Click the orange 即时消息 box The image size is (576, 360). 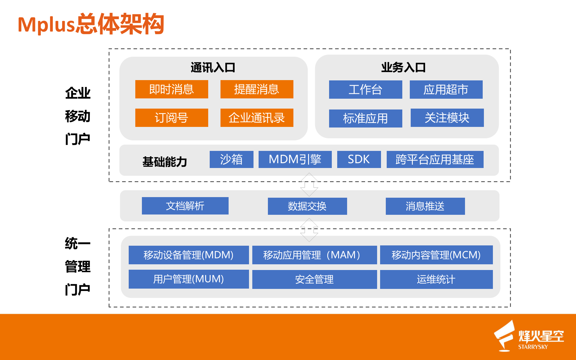[x=172, y=89]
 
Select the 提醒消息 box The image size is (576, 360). [x=257, y=89]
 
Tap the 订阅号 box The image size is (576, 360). [x=172, y=118]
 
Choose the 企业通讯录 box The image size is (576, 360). [x=257, y=118]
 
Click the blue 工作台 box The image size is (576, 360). [x=365, y=89]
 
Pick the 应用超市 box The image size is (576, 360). [x=446, y=89]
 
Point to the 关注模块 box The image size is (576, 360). [x=447, y=118]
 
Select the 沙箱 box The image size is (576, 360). [x=231, y=159]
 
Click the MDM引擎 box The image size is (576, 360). [x=295, y=159]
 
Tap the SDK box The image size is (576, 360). [x=359, y=159]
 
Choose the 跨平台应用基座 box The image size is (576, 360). [x=435, y=159]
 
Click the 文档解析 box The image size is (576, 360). [x=185, y=206]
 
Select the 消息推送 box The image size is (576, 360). [x=425, y=206]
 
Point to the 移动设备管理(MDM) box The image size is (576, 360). [x=189, y=255]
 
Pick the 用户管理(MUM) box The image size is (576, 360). [x=189, y=279]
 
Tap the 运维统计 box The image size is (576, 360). [x=436, y=279]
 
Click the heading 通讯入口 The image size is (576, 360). [x=213, y=67]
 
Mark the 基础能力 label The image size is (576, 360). [x=165, y=162]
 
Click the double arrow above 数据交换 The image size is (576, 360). [x=309, y=184]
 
